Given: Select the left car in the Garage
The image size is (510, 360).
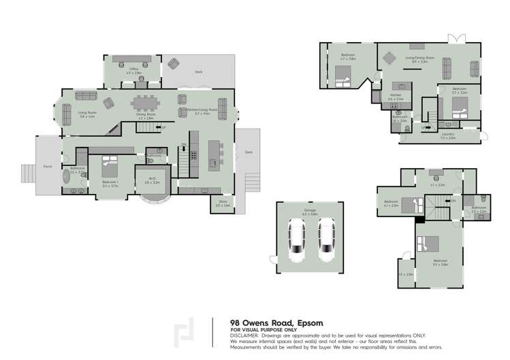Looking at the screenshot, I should tap(298, 240).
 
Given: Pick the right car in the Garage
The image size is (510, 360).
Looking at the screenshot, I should tap(327, 240).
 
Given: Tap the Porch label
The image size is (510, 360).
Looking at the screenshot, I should tap(47, 165).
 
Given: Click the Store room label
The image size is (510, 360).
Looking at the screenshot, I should tap(222, 202).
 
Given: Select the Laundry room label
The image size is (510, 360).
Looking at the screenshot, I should tap(447, 135).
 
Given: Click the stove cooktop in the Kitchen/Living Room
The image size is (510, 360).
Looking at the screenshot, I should tap(193, 154).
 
